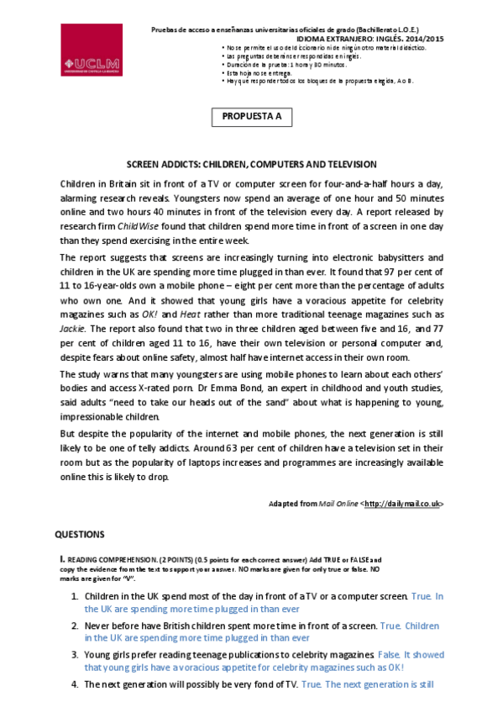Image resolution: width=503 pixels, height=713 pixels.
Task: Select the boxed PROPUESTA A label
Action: click(251, 117)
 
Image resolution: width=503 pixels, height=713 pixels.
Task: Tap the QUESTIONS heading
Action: click(80, 534)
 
